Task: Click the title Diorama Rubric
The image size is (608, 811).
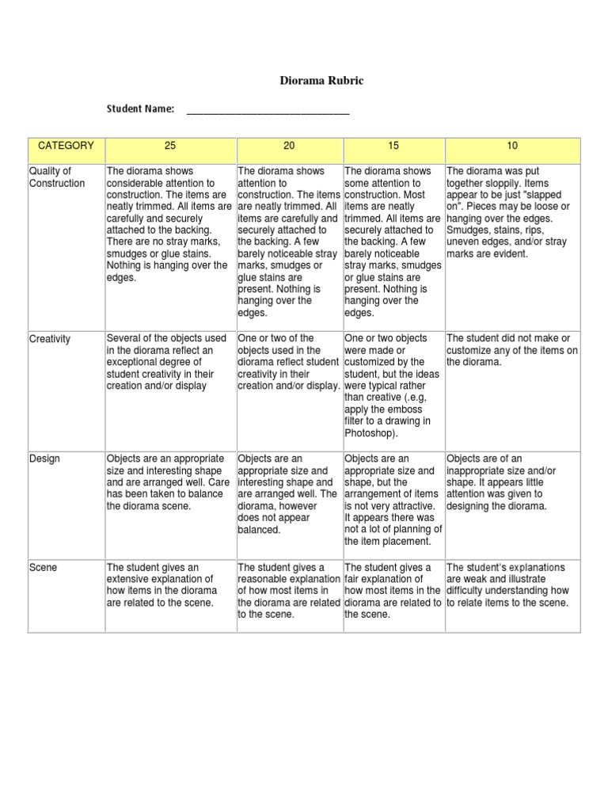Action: [322, 81]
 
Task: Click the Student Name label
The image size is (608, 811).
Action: [140, 109]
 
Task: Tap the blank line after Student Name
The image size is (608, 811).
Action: [268, 111]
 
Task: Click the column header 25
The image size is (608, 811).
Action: [169, 146]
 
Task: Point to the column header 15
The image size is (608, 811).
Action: [393, 146]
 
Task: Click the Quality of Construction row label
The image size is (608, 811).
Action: [56, 177]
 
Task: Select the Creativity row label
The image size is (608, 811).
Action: [50, 339]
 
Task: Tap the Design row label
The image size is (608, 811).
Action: [44, 459]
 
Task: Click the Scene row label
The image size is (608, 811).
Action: [43, 567]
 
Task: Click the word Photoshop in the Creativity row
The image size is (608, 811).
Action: [369, 433]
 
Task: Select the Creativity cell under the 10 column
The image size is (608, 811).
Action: [511, 350]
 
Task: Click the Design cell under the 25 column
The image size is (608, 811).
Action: [169, 482]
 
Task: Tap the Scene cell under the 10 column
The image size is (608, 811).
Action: [511, 585]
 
